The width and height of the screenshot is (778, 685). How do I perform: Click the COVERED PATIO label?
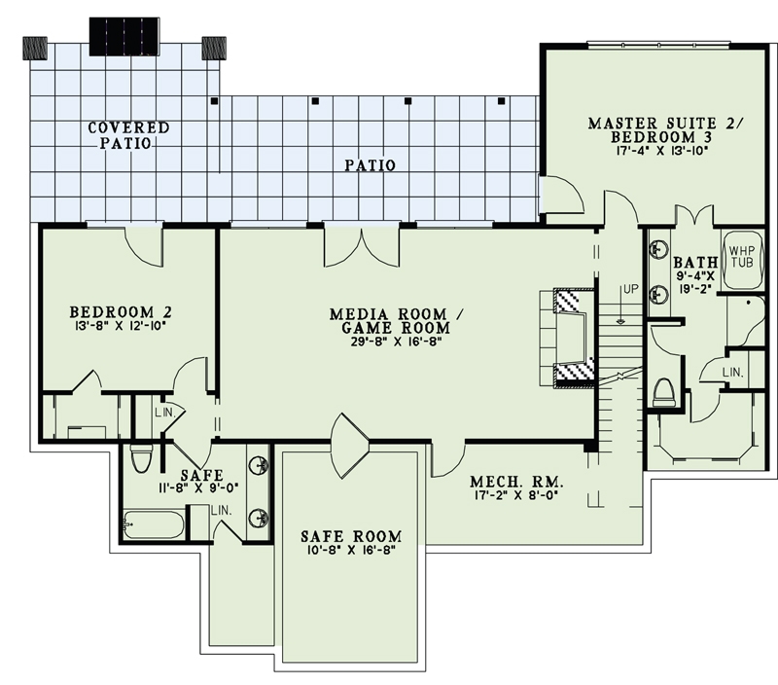128,134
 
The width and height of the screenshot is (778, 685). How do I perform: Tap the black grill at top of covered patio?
124,36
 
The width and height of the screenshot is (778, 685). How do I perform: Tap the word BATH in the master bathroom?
695,263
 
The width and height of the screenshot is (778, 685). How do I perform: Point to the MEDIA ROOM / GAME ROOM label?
389,321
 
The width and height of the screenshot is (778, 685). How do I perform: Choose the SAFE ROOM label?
351,536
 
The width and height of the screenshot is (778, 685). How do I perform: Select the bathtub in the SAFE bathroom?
154,524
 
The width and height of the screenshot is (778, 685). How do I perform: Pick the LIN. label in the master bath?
735,374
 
